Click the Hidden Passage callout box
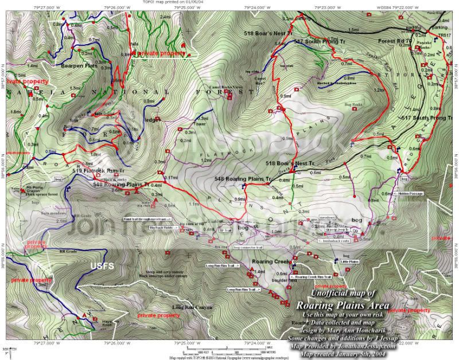tap(410, 194)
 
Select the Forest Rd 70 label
tap(395, 41)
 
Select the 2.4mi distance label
tap(165, 18)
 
